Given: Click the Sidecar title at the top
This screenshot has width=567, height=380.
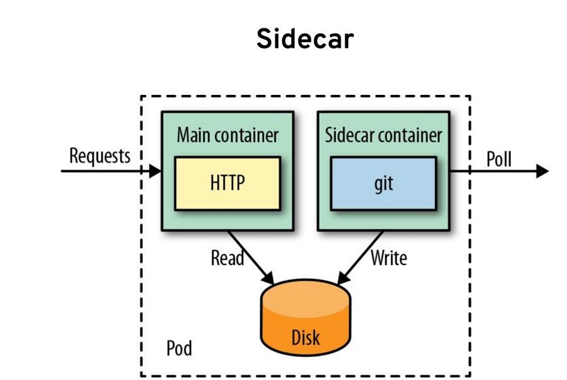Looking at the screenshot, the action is point(305,39).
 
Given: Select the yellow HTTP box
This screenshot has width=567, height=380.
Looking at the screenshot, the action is point(228,183).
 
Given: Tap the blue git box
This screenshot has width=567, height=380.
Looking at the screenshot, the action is point(383,183).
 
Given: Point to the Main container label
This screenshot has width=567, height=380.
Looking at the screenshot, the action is point(228,135).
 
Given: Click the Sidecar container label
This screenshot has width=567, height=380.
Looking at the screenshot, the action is point(383,135).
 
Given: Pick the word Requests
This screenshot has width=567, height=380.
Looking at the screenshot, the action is point(100,156).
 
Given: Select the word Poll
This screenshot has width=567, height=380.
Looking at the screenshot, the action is point(499,158).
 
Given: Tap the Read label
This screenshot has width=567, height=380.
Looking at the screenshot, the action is point(227,258).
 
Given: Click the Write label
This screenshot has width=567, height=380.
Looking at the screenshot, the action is point(388,258).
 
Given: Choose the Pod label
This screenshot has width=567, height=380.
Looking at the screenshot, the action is point(179,348).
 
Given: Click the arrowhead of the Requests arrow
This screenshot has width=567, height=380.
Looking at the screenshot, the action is point(155,171).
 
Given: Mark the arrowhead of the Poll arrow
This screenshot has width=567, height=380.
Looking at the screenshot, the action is point(542,171).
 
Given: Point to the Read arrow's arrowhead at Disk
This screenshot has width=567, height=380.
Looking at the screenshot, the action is point(268,278).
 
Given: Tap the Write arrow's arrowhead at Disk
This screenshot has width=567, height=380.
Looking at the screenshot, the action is point(343,278).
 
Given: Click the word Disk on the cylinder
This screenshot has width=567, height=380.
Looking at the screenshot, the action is point(306,337).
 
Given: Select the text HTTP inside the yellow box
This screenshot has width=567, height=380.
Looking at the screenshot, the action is point(228,182).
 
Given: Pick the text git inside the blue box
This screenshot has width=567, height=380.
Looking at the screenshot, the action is point(383,183).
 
